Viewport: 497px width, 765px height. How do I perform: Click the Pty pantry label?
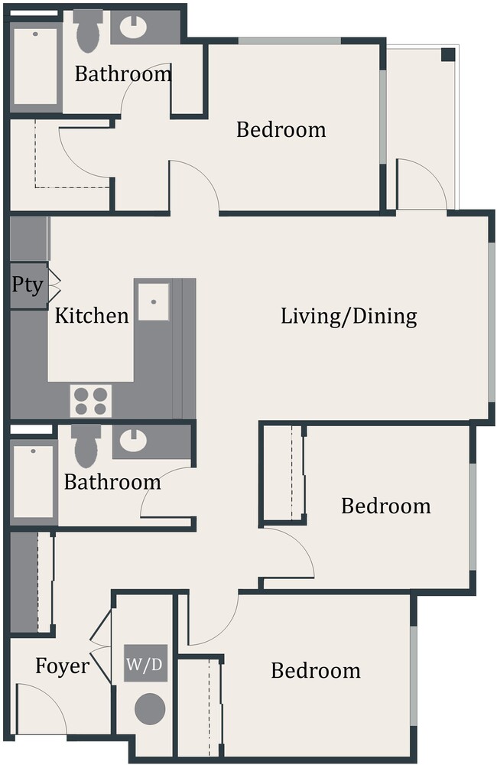coord(27,285)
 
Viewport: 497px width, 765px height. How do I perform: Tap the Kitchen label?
coord(92,315)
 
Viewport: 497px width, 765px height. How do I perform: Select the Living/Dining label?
coord(349,315)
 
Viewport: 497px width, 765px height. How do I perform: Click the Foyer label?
coord(62,666)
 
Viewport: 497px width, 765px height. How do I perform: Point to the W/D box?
coord(145,665)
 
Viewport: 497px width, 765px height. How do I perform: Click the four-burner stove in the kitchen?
coord(91,400)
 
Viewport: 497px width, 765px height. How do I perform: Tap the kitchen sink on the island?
coord(153,300)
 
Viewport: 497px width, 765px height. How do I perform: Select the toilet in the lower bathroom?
coord(86,446)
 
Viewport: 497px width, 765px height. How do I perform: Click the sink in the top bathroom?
coord(135,28)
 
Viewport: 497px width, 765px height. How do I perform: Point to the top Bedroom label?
coord(281,129)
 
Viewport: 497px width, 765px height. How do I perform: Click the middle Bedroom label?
coord(385,506)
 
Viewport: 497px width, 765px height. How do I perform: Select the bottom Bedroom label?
coord(315,671)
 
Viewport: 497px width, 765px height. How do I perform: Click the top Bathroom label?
coord(123,74)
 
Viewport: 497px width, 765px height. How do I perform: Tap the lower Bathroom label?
coord(112,483)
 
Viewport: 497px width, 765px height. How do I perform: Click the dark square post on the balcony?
coord(448,54)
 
